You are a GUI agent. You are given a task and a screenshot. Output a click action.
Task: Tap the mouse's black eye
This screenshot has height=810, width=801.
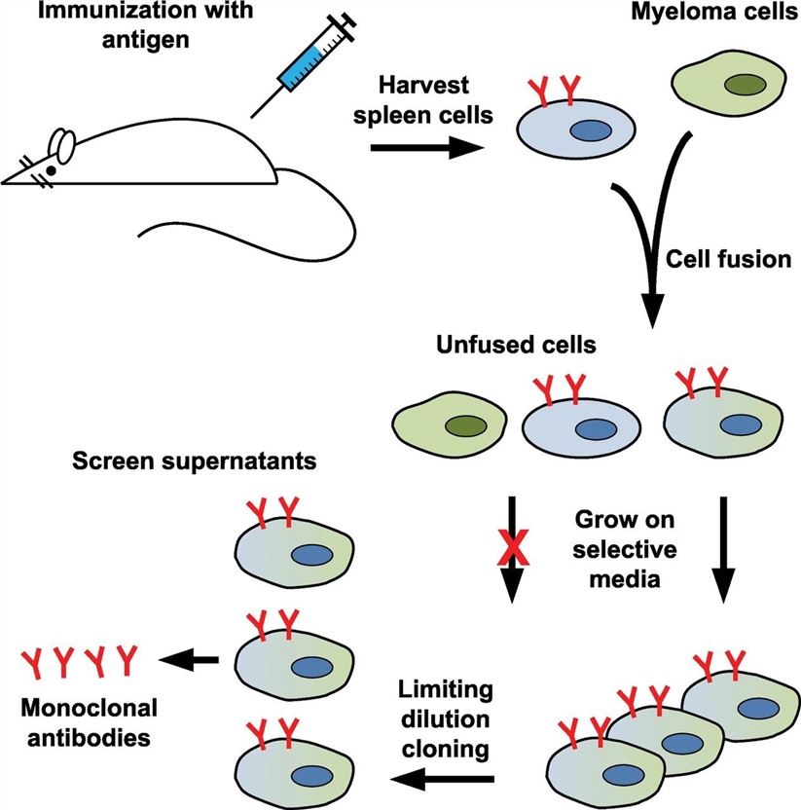click(51, 169)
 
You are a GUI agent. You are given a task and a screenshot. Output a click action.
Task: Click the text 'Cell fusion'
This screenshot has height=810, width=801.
click(719, 260)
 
